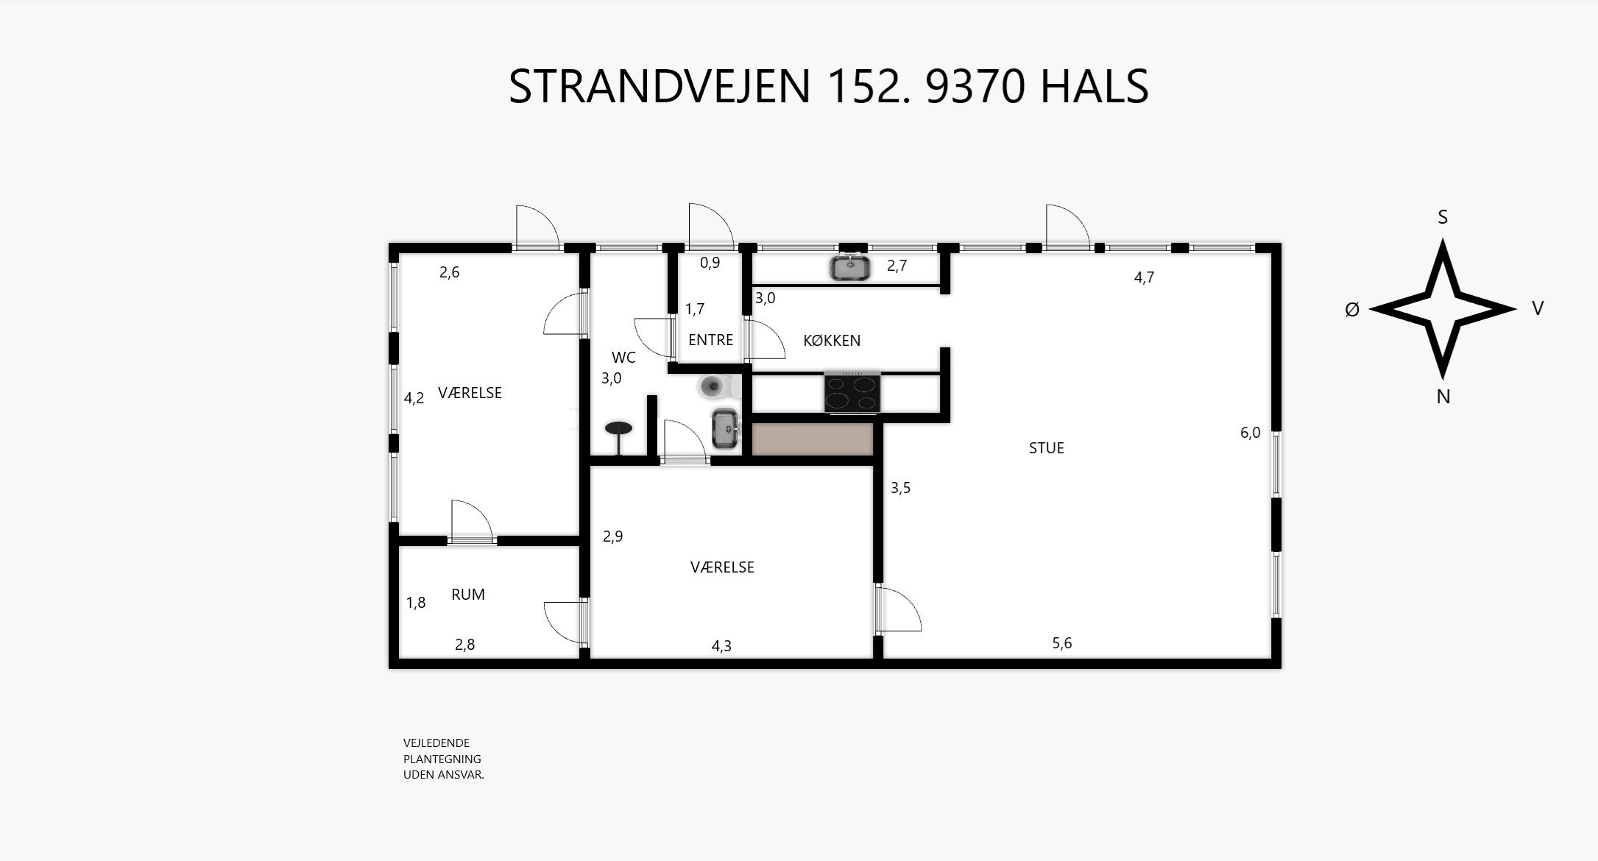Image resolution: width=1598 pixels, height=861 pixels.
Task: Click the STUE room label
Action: [x=1046, y=448]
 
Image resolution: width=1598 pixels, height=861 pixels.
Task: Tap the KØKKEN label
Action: [x=831, y=341]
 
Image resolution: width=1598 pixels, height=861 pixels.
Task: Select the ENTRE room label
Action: [x=710, y=340]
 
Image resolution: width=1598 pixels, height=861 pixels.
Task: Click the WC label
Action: [x=623, y=358]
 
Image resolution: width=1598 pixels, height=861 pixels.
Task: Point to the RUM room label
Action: [x=467, y=595]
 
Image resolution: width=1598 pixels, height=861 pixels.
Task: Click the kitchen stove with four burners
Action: [x=852, y=392]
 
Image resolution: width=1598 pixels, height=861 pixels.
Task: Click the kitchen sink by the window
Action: [x=850, y=268]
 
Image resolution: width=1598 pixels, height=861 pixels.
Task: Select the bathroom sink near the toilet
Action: [x=725, y=428]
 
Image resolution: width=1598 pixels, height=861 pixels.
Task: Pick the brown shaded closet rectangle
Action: [x=812, y=439]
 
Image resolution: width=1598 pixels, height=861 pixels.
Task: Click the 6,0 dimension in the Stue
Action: [x=1250, y=433]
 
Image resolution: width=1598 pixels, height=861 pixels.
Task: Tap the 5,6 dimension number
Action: [x=1061, y=643]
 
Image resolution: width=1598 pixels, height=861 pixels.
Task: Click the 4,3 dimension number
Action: [x=721, y=646]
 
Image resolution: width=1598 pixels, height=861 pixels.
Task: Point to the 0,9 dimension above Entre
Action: [x=710, y=263]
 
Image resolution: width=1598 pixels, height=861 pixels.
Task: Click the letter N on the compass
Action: [x=1443, y=397]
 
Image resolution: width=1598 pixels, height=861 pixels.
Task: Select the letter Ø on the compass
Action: [x=1351, y=311]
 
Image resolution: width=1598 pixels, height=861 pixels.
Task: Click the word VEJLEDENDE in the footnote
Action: [x=436, y=743]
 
